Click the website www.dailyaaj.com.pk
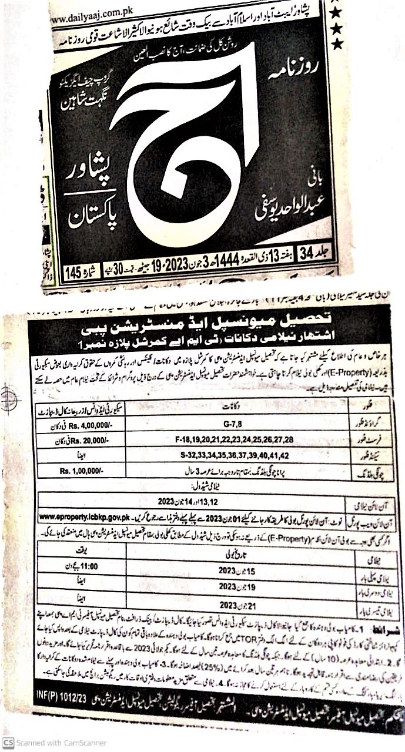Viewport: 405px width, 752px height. coord(91,19)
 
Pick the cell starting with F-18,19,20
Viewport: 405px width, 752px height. coord(235,439)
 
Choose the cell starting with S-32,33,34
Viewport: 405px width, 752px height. coord(235,455)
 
